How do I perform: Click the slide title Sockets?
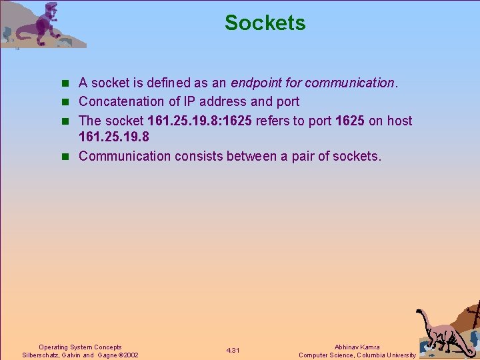click(x=265, y=23)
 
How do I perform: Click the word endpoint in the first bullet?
click(x=255, y=83)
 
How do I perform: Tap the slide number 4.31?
click(x=233, y=351)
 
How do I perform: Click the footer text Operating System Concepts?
click(x=80, y=347)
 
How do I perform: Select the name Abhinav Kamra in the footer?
click(x=357, y=347)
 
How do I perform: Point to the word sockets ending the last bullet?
click(x=358, y=156)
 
